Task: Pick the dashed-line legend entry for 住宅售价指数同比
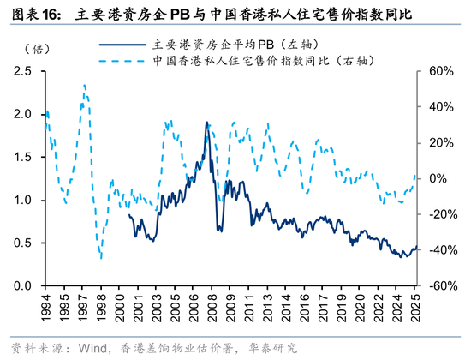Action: [248, 61]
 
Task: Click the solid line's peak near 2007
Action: [206, 123]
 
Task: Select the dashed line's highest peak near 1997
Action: [84, 85]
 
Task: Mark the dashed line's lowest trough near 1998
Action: [100, 257]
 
